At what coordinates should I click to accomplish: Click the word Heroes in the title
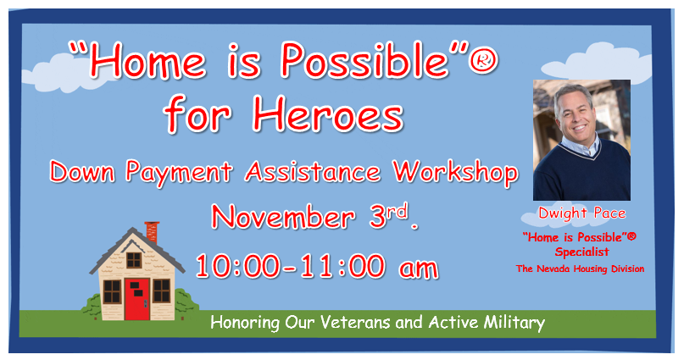coord(328,114)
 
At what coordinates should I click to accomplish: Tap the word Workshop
coord(455,172)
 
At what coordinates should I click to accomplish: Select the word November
coord(283,217)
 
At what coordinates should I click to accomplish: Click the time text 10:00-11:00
coord(290,266)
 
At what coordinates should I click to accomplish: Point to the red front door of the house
coord(137,299)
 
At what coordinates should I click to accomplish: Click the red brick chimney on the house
coord(152,232)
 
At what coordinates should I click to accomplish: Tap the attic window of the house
coord(133,260)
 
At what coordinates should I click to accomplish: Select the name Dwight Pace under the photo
coord(582,213)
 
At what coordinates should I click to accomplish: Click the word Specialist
coord(582,252)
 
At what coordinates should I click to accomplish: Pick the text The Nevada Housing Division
coord(581,269)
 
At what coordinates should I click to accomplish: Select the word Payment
coord(179,172)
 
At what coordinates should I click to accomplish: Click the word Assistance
coord(313,172)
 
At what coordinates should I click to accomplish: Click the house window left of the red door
coord(112,291)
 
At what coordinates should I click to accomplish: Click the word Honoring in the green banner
coord(245,323)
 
